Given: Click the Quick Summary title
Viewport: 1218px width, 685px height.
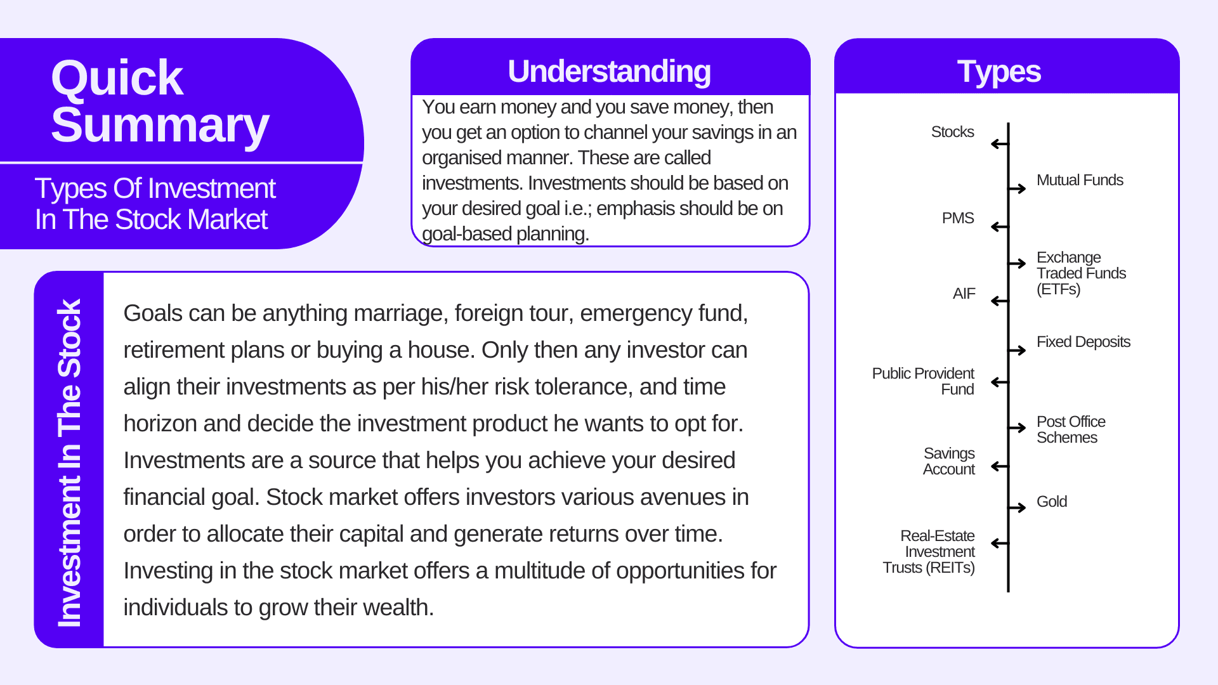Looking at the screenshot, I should (x=160, y=101).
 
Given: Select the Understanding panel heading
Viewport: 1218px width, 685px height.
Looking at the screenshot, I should (x=609, y=71).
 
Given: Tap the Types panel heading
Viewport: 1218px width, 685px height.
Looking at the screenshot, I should (x=999, y=71).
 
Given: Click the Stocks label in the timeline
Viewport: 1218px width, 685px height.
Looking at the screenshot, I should (x=952, y=132).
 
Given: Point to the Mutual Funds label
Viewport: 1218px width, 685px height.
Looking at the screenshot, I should (x=1080, y=180).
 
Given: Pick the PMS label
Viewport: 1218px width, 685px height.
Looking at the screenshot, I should (x=958, y=218).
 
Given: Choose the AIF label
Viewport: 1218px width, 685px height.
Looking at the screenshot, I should (x=964, y=294).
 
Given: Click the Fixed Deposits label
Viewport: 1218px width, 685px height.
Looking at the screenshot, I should (x=1084, y=342).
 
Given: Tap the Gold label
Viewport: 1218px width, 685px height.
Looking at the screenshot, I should (x=1052, y=502).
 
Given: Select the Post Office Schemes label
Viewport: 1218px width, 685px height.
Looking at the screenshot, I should (x=1071, y=429).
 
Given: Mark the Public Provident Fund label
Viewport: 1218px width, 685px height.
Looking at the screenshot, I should (x=923, y=381).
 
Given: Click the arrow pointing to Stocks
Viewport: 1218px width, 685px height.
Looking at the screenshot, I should (x=1000, y=144).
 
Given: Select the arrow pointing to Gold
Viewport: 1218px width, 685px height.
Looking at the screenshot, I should (x=1018, y=507).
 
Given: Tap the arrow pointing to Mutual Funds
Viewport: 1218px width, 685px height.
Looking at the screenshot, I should (x=1018, y=188).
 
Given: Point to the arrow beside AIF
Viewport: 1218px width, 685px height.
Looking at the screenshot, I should (x=1000, y=301).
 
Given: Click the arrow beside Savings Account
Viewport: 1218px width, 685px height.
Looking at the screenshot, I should (x=1000, y=467).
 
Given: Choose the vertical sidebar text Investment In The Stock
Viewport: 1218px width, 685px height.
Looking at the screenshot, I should (x=69, y=463).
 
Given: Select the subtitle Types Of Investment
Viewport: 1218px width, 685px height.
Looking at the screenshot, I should (x=155, y=188).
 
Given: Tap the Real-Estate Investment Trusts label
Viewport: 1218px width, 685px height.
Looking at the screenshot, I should (x=929, y=552).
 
